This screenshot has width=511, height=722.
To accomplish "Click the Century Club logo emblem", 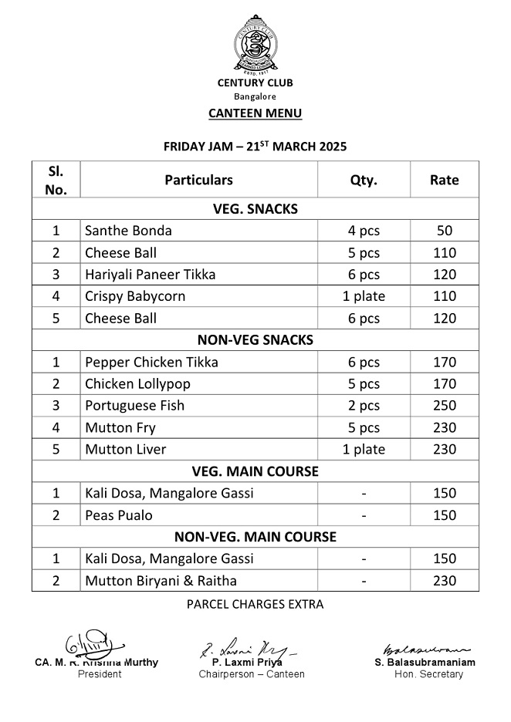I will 255,45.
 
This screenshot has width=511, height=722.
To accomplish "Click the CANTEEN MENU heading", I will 255,113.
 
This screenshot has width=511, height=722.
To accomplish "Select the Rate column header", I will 444,180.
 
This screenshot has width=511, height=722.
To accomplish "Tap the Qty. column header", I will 364,180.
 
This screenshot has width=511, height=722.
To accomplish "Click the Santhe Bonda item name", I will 128,231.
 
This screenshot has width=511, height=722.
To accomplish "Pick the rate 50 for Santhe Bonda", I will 444,231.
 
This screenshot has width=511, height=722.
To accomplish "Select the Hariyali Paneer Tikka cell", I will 150,275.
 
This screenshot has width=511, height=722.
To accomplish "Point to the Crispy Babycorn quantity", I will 364,296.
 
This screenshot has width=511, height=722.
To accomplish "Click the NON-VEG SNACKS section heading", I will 255,339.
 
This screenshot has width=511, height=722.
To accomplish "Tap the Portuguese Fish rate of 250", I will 444,406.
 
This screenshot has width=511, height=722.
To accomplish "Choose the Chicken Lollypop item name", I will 137,384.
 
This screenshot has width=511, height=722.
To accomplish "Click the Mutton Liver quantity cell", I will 364,450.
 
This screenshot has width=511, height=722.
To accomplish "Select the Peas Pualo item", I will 119,515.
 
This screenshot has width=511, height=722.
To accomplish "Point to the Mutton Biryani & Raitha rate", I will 444,581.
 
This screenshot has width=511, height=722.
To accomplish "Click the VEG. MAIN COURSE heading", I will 255,471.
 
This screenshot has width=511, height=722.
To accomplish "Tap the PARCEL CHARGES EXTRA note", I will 255,605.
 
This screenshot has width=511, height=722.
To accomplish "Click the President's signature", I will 86,645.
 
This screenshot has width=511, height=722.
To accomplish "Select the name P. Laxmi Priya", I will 247,663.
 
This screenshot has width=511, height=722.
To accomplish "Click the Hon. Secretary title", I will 428,674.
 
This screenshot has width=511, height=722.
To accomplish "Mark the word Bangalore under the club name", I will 255,96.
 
